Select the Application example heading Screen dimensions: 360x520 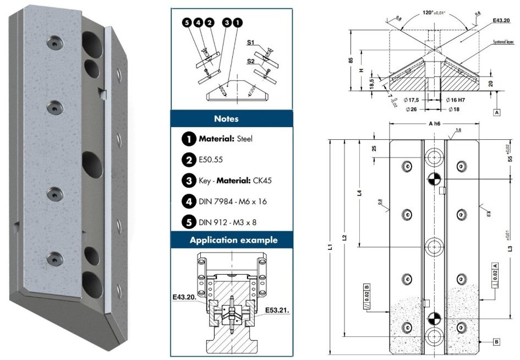click(233, 240)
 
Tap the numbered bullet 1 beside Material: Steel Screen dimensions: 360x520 click(188, 139)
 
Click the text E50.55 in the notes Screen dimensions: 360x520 click(210, 160)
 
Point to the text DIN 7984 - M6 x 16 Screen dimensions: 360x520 click(233, 202)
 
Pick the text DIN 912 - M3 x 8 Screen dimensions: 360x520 click(229, 223)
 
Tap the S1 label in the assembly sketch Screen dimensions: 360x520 click(251, 42)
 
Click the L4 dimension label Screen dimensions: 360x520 click(358, 193)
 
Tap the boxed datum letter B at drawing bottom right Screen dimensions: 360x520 click(496, 342)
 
